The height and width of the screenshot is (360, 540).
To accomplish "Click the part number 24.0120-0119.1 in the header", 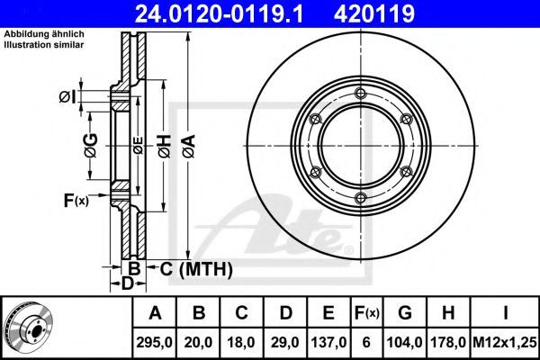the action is [220, 13].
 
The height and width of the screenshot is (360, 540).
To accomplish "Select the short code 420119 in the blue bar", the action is [374, 13].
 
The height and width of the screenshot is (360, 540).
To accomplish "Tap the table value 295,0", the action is [154, 342].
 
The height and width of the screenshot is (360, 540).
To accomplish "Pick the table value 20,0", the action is [198, 342].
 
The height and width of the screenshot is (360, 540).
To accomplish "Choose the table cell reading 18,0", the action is [241, 342].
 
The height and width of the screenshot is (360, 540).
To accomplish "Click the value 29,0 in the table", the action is [285, 342].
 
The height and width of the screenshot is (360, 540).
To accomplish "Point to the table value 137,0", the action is [328, 342].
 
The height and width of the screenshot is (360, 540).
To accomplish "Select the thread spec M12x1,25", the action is [505, 342].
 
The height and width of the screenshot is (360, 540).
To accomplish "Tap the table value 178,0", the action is [448, 342].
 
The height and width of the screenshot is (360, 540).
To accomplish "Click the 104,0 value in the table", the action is [405, 342].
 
